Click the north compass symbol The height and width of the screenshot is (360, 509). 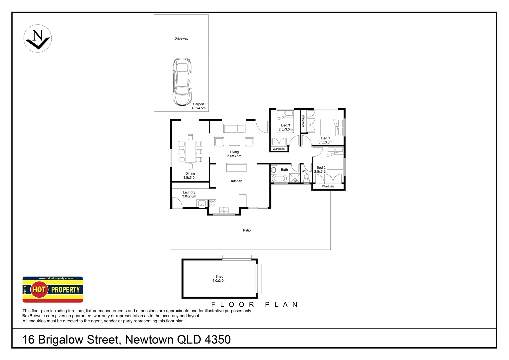38,38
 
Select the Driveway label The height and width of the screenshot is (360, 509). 181,39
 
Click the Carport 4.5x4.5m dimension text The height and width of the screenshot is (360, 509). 198,106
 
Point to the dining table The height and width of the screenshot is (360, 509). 190,152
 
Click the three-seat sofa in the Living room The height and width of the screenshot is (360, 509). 234,129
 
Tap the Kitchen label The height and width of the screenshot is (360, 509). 237,181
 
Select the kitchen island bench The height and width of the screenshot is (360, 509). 236,167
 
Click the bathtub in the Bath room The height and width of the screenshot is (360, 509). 279,179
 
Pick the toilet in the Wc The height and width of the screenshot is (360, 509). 307,178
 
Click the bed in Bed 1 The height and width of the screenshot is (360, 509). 332,128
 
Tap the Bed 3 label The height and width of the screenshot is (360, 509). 285,125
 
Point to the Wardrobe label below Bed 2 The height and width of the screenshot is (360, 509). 328,187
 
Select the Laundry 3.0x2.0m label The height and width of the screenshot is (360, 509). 189,194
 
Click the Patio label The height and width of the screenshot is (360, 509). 247,230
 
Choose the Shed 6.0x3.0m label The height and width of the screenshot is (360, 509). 219,279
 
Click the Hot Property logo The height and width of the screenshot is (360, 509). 53,289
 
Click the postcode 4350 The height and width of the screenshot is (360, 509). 217,340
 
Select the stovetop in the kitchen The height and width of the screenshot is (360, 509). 213,203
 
